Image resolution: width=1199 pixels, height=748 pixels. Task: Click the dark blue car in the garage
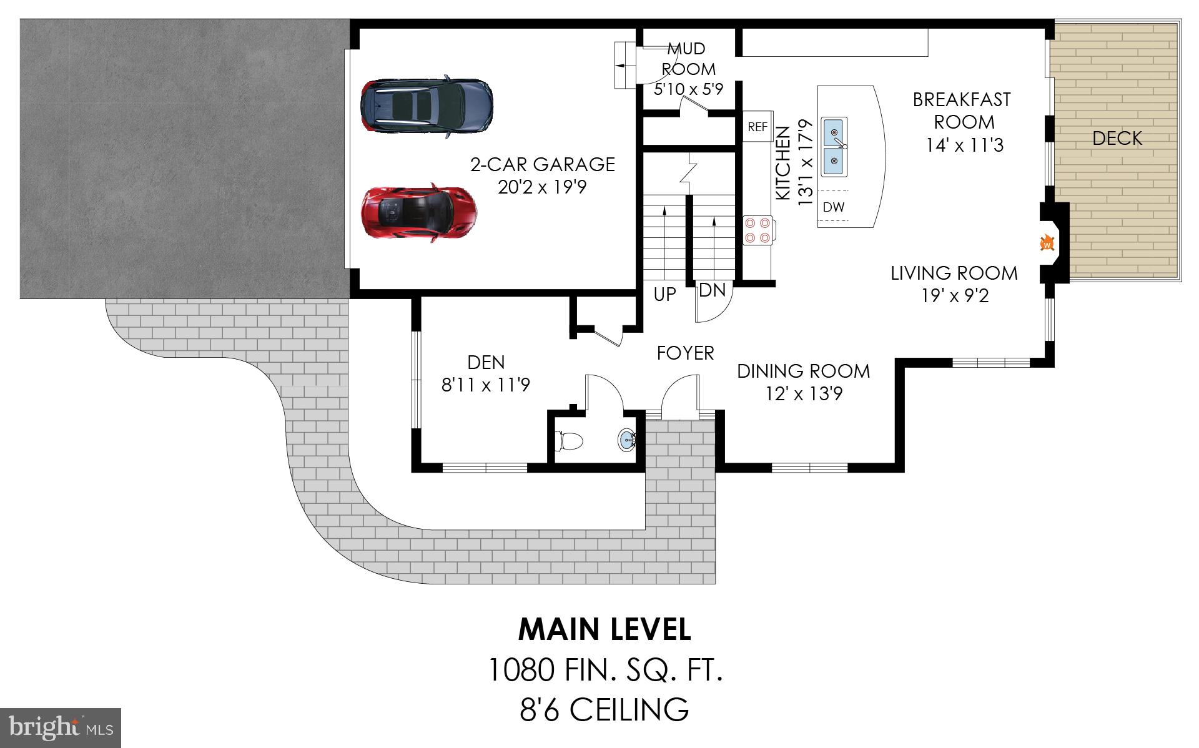426,106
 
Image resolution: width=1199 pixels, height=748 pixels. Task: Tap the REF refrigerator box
757,127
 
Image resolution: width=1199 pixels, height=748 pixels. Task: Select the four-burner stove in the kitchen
757,229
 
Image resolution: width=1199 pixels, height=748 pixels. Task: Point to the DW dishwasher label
833,207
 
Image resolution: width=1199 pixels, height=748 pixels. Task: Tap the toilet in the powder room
569,441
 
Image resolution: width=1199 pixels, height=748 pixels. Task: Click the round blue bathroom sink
626,441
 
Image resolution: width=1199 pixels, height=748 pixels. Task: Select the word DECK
1117,139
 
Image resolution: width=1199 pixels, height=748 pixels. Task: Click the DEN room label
486,362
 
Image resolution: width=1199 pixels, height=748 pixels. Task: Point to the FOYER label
685,353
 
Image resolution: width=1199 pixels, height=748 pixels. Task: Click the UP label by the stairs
664,294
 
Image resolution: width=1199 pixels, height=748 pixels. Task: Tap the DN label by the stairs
712,290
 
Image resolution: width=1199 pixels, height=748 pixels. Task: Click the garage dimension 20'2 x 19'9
542,187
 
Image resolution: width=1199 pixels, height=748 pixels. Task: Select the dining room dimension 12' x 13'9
803,394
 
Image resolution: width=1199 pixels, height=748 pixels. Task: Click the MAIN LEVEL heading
604,630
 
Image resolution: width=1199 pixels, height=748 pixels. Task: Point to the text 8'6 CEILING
604,710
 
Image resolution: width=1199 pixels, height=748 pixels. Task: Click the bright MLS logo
60,727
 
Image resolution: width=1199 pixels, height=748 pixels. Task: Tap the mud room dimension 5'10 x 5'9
688,89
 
